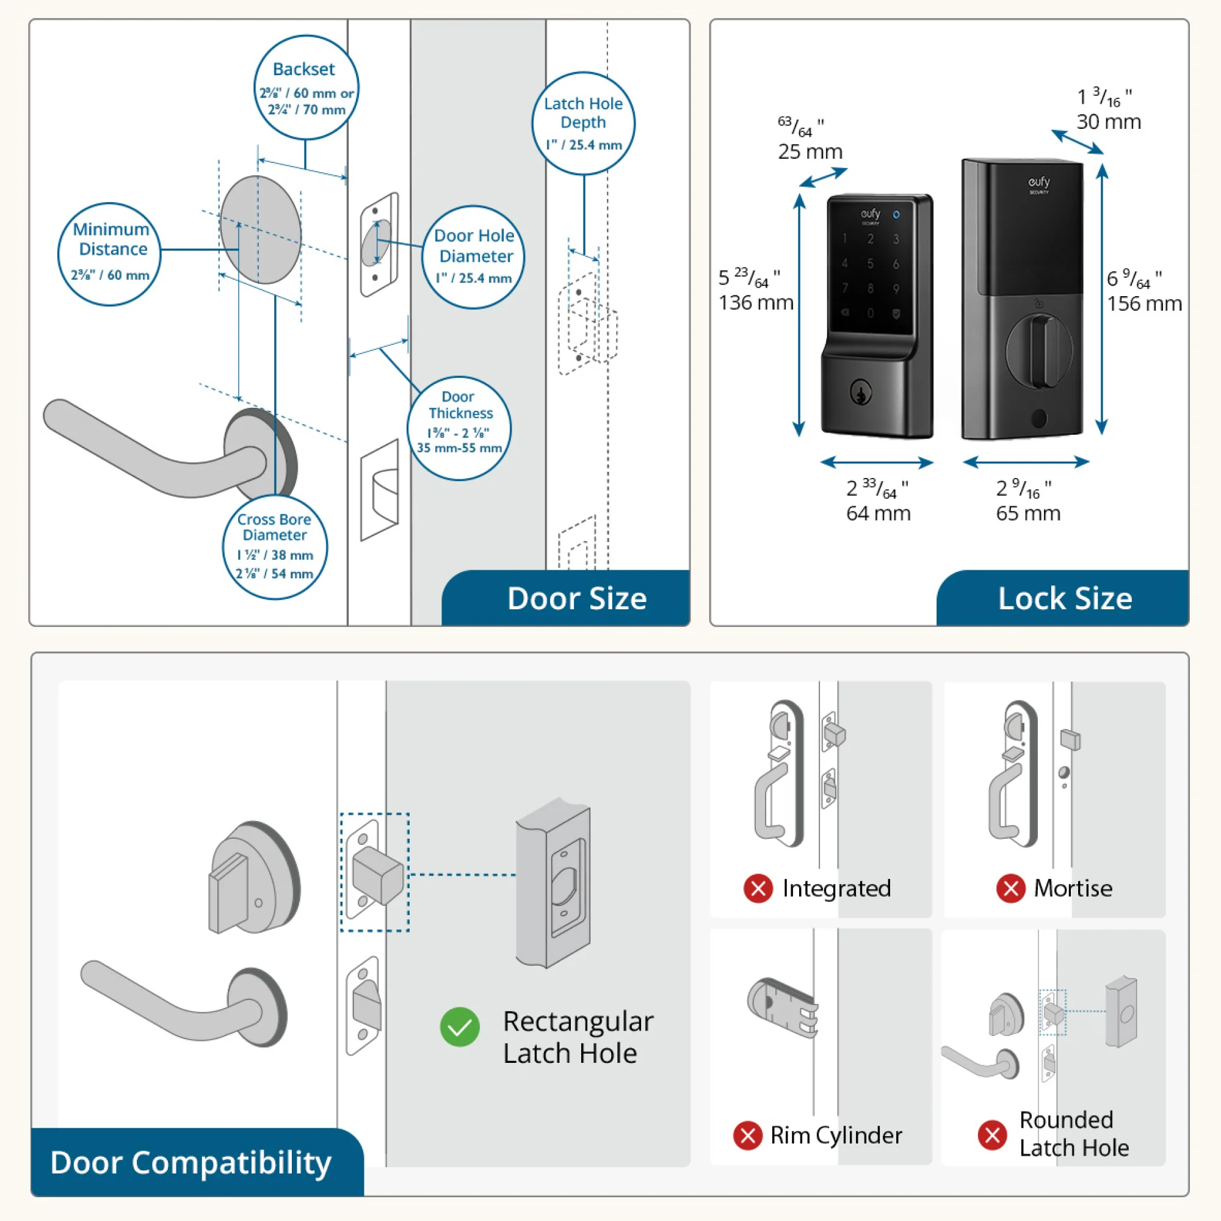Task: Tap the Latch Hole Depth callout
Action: [x=582, y=123]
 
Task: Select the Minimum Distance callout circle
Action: [x=109, y=254]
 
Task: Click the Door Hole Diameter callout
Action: [x=473, y=256]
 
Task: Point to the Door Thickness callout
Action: [x=459, y=429]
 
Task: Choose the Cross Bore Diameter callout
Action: [x=274, y=547]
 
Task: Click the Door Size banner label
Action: [x=576, y=598]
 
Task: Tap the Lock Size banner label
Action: [x=1064, y=598]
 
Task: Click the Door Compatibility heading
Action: [x=191, y=1162]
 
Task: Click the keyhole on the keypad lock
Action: [x=860, y=393]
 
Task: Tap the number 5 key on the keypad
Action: [x=870, y=264]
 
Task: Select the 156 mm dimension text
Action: [x=1144, y=303]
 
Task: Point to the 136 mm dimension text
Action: [x=755, y=302]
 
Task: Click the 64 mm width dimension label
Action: [x=878, y=513]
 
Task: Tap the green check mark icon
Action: [x=460, y=1026]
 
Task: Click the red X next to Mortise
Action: [x=1010, y=888]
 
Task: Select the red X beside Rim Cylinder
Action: [x=747, y=1135]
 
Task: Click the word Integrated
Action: [x=836, y=888]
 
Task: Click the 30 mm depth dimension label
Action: [x=1109, y=121]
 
